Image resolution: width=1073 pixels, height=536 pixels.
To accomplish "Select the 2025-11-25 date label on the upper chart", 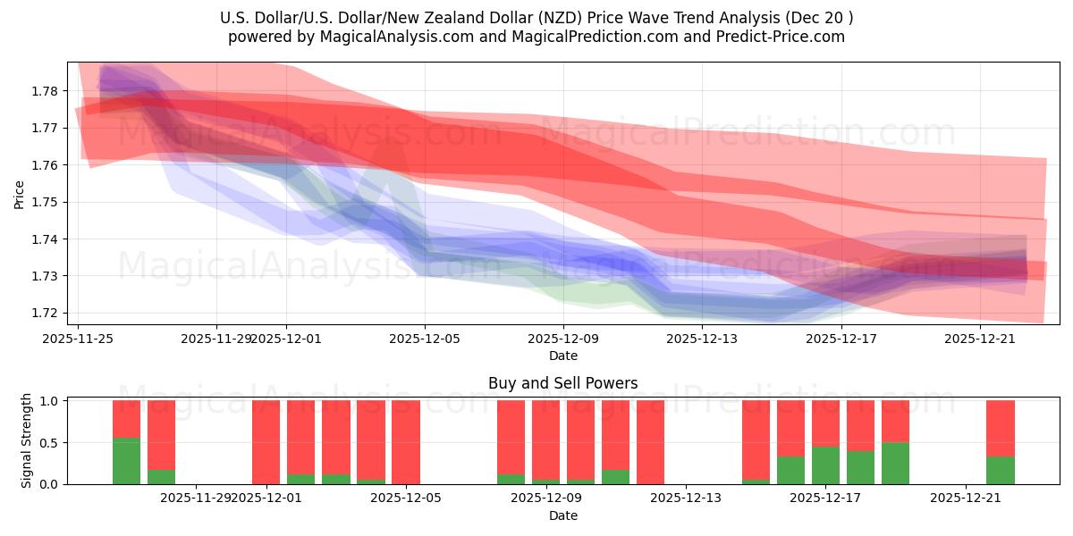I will [x=78, y=339].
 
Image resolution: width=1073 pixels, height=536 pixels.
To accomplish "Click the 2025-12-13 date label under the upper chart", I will [x=702, y=339].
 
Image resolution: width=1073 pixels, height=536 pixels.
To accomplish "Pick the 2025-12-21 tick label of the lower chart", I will [x=966, y=498].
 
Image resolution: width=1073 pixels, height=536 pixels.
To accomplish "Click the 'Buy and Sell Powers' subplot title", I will [x=562, y=383].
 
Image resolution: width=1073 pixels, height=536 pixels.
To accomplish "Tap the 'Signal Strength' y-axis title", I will [x=27, y=440].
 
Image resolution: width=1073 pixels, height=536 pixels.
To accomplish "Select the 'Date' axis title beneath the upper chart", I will [x=562, y=356].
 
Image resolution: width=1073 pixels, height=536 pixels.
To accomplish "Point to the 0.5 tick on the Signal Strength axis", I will [x=49, y=442].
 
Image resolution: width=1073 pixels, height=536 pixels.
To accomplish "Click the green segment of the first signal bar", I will [x=126, y=461].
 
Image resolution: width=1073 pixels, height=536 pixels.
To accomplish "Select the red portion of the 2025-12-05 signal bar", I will [x=406, y=441].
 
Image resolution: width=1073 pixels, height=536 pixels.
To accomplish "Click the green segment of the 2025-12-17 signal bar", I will [x=825, y=465].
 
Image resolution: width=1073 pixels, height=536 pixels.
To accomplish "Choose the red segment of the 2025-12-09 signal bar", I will [x=581, y=440].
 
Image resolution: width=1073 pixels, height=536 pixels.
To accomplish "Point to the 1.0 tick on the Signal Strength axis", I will [x=49, y=401].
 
